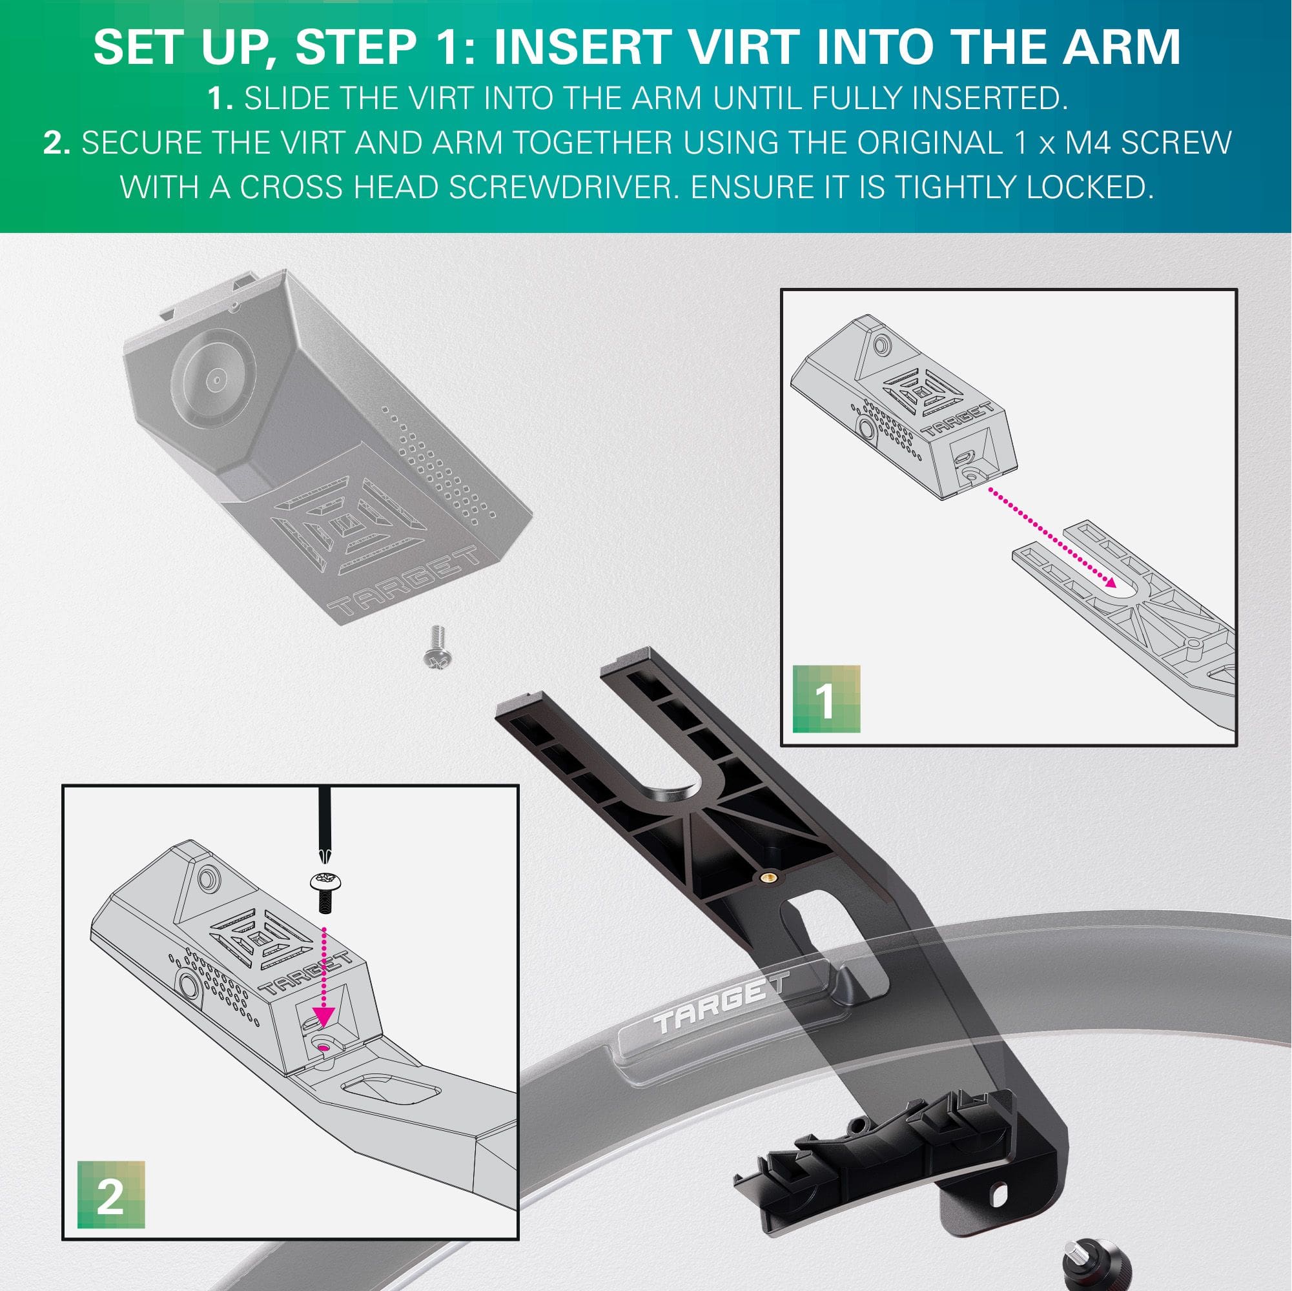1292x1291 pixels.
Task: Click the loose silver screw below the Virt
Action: click(x=437, y=647)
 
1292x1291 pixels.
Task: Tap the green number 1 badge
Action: click(x=826, y=699)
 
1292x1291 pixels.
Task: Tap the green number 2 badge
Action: click(x=111, y=1195)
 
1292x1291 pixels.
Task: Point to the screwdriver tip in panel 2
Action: click(x=325, y=856)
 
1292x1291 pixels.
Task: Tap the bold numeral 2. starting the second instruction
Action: click(x=57, y=143)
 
